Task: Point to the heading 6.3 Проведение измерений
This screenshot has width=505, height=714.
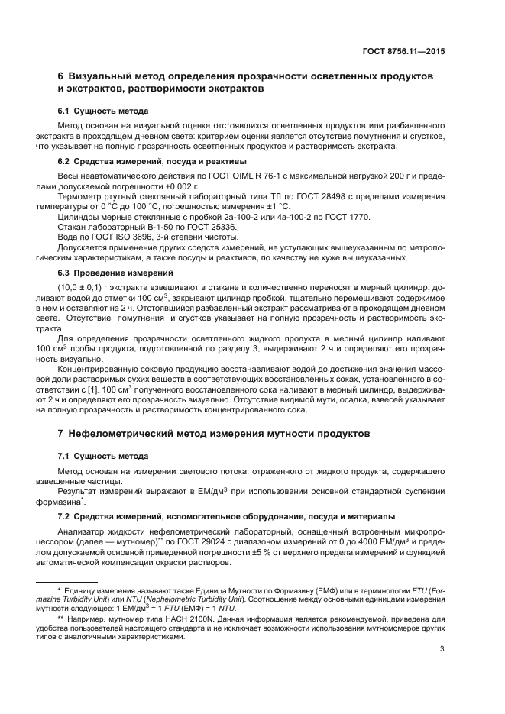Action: tap(115, 273)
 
